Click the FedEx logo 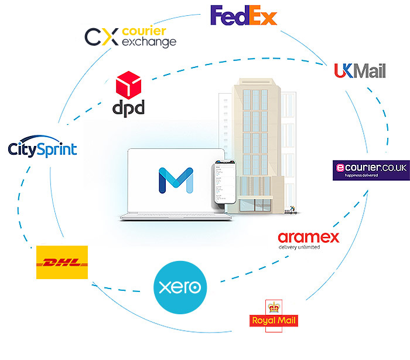click(x=243, y=16)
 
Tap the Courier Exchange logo click(x=130, y=36)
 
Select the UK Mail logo click(x=360, y=71)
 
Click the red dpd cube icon click(x=129, y=84)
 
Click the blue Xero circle click(x=180, y=287)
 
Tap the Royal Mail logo click(x=273, y=314)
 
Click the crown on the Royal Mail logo click(x=273, y=306)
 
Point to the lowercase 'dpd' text click(x=127, y=108)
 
